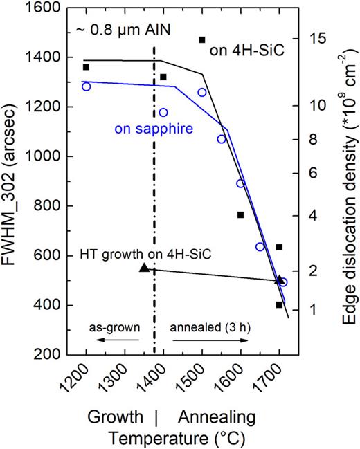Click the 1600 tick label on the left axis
42,8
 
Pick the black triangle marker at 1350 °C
144,267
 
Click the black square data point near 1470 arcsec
202,40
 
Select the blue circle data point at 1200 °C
86,86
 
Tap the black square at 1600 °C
240,214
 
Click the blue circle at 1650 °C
260,247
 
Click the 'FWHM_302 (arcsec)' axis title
13,180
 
